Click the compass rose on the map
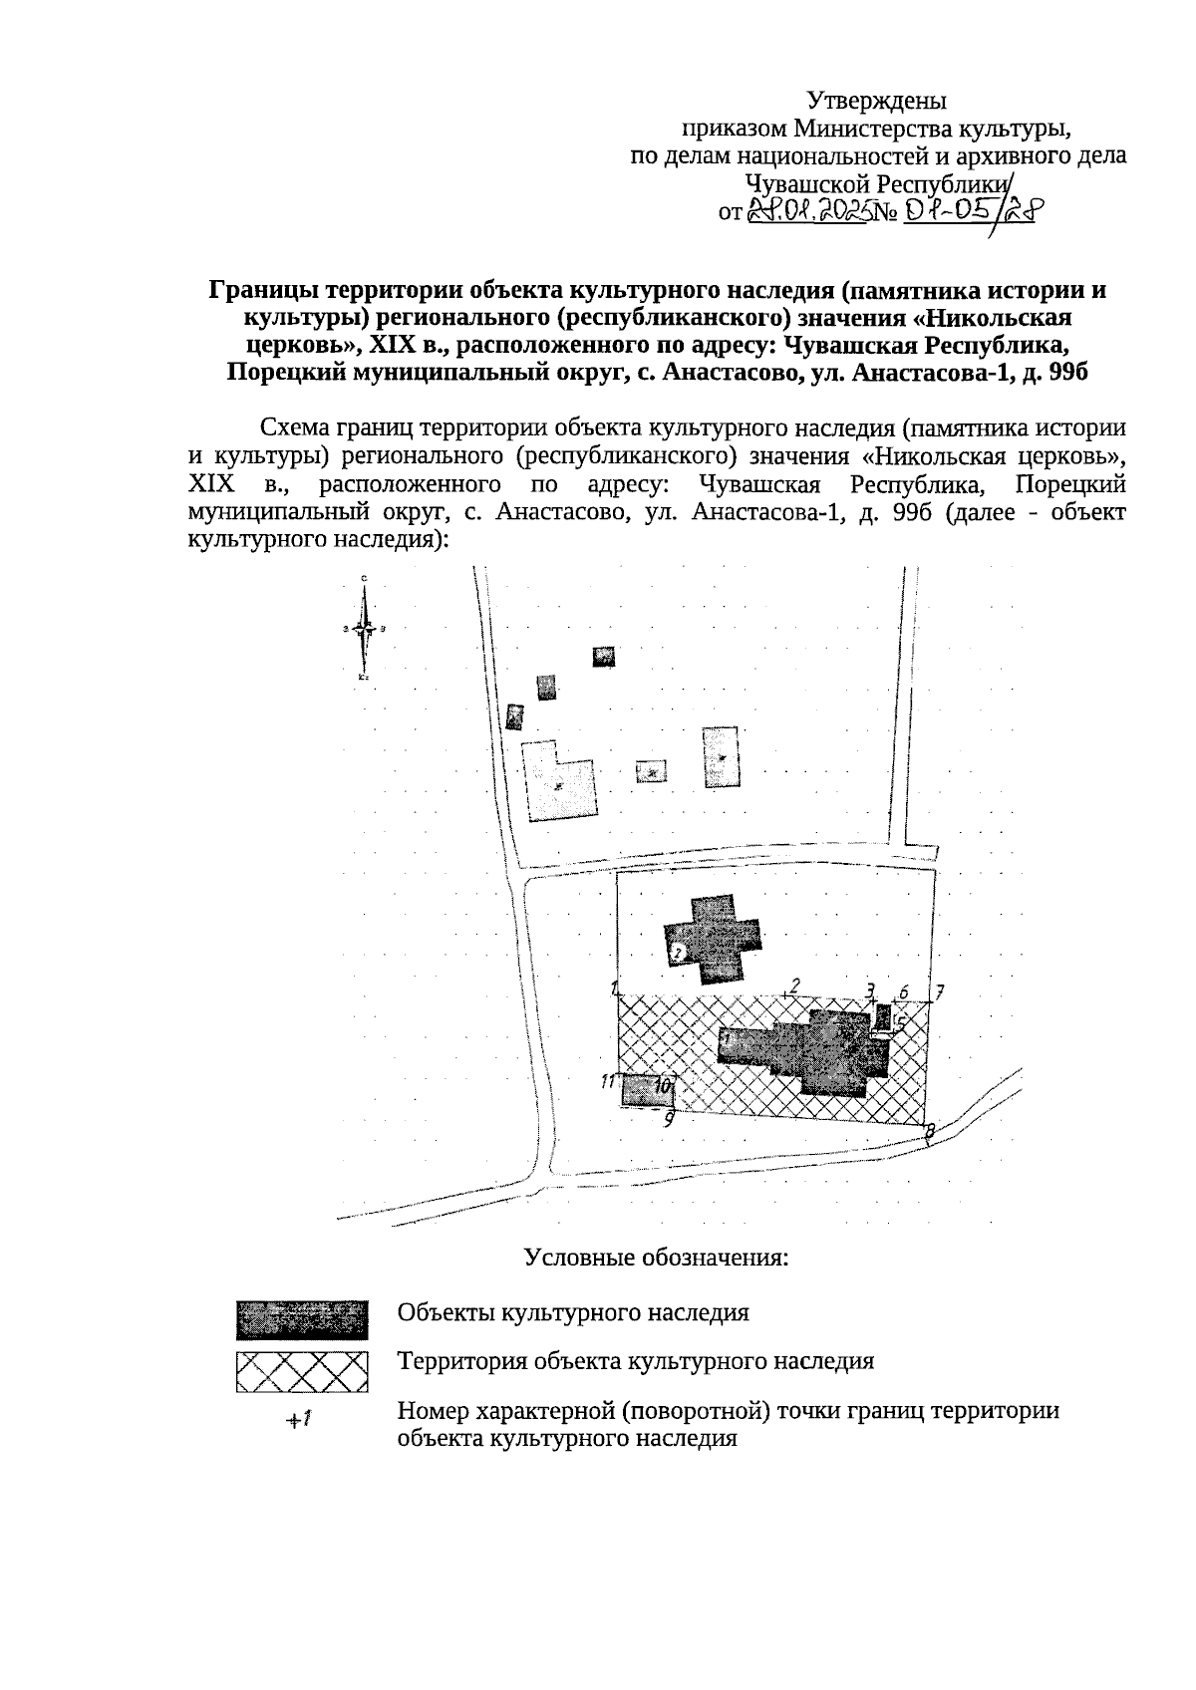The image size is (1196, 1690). [x=366, y=629]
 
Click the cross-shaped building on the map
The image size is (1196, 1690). [x=714, y=938]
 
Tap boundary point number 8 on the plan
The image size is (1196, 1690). [x=929, y=1129]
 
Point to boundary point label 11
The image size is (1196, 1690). [x=607, y=1080]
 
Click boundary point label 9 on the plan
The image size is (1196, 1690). [x=670, y=1118]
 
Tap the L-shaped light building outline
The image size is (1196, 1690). [x=560, y=781]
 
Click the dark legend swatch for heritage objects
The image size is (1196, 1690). [x=302, y=1318]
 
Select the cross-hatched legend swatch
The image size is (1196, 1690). [x=302, y=1371]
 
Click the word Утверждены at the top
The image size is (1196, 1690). [x=876, y=101]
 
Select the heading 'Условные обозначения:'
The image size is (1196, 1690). [x=657, y=1257]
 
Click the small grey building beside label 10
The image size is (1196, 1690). [x=646, y=1089]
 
